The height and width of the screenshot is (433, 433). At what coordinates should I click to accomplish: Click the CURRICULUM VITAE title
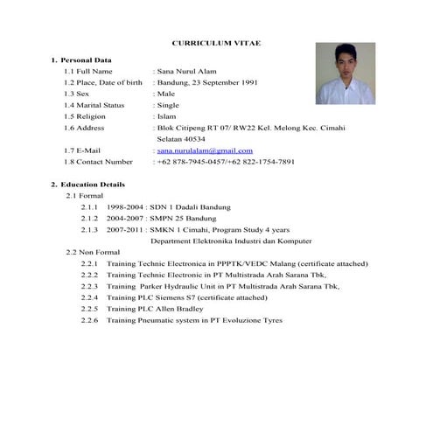[215, 43]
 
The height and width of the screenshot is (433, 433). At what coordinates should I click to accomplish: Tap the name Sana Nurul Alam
[185, 71]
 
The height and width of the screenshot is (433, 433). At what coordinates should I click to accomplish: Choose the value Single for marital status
[168, 105]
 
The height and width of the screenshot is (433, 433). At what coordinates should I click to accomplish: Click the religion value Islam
[166, 116]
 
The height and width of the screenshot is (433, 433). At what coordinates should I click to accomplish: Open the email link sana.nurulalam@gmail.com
[204, 150]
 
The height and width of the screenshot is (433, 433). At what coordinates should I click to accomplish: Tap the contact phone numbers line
[225, 162]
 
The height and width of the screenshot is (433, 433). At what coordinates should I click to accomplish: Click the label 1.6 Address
[85, 128]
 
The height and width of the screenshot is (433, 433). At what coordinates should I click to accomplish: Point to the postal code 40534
[180, 139]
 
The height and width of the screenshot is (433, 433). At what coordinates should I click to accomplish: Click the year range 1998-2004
[124, 207]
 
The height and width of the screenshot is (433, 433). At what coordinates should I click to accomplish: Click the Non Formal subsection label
[93, 252]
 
